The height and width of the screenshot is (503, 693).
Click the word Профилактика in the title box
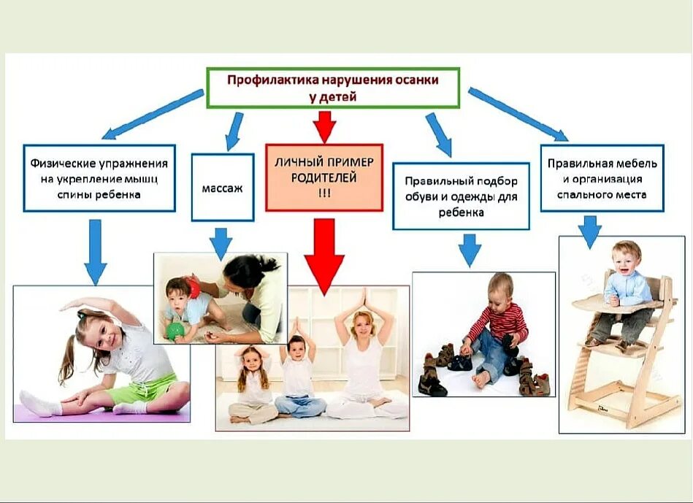point(264,80)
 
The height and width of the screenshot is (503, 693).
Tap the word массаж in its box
point(222,188)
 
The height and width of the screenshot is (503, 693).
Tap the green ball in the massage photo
point(175,331)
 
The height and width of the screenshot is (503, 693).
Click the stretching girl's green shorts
point(150,388)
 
